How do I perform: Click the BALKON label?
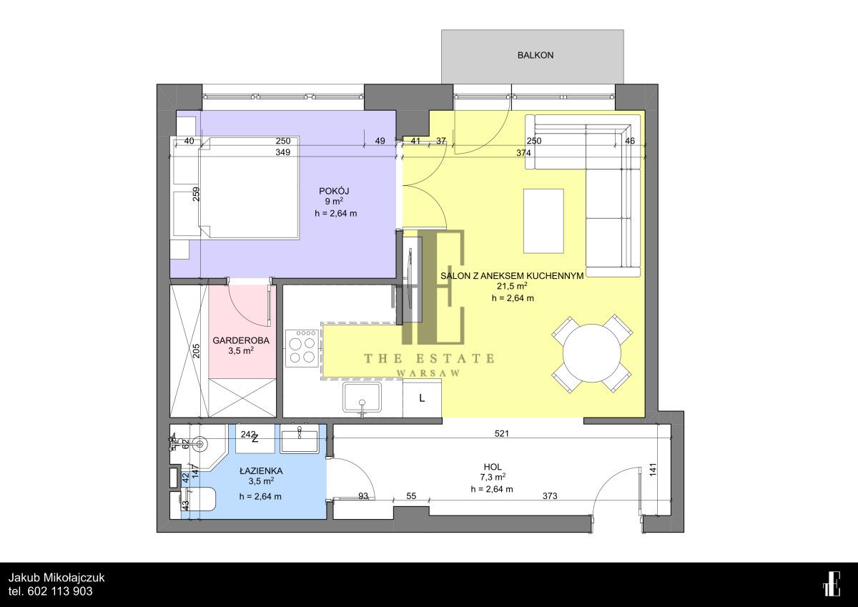tap(535, 55)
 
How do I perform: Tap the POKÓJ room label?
tap(334, 191)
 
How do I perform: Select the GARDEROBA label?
tap(241, 340)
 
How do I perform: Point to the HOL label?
tap(493, 467)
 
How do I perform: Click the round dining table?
tap(591, 353)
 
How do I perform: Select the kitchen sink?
tap(363, 399)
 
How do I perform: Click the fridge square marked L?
tap(422, 399)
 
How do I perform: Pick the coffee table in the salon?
tap(543, 221)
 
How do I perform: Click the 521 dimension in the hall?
tap(502, 433)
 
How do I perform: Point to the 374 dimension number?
tap(523, 153)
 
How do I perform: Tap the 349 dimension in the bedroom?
tap(282, 152)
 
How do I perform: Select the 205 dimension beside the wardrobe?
tap(196, 350)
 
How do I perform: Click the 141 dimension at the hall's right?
tap(654, 470)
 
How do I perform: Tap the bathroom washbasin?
tap(299, 440)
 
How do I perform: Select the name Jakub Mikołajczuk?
tap(56, 578)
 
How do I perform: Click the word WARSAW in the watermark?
tap(428, 373)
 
